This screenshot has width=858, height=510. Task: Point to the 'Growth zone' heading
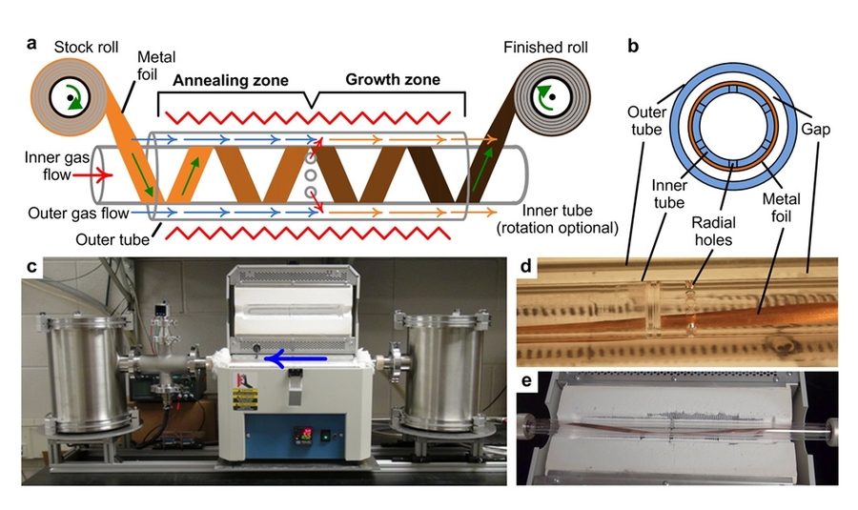(x=392, y=80)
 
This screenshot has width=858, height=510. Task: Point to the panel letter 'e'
(x=525, y=382)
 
